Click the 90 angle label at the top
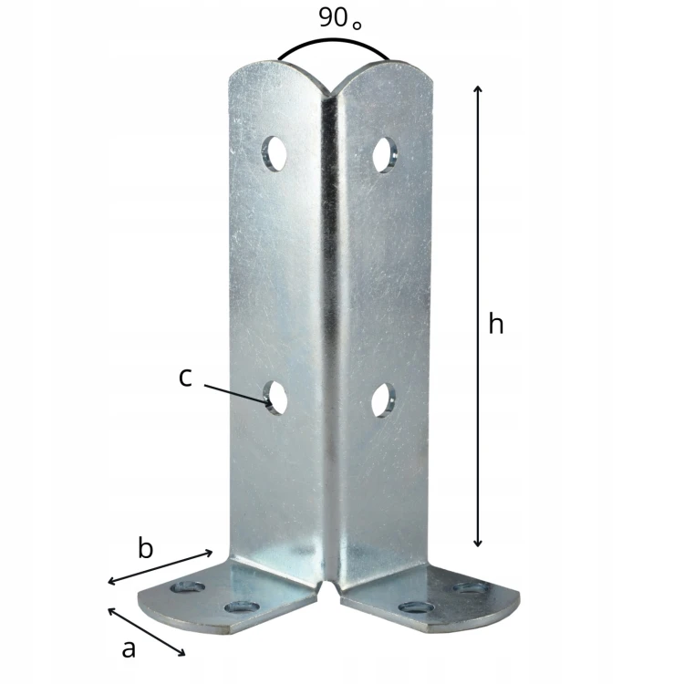click(340, 18)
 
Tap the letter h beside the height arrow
click(496, 323)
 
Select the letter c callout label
click(185, 378)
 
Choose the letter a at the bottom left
click(129, 649)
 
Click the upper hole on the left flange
click(275, 153)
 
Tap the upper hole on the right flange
click(384, 155)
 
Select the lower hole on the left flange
click(275, 398)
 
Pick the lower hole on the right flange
click(383, 400)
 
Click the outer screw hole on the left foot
click(188, 587)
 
